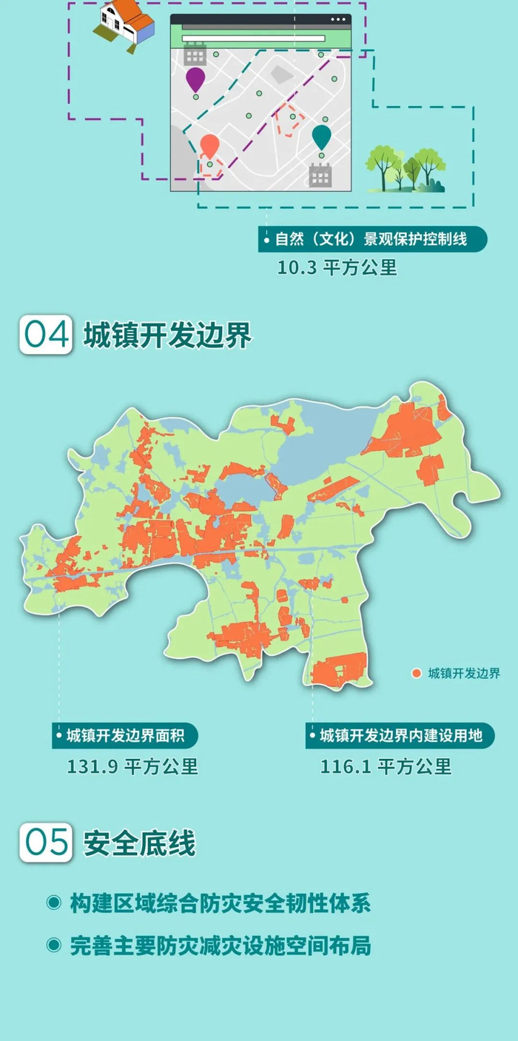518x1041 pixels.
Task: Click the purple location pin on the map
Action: coord(195,78)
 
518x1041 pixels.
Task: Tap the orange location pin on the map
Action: coord(210,145)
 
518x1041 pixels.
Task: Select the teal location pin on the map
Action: coord(321,136)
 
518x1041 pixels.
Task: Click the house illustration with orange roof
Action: coord(124,24)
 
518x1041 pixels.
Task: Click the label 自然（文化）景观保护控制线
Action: coord(373,240)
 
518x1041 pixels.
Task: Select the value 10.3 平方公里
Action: coord(337,268)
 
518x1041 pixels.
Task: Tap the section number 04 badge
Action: coord(47,335)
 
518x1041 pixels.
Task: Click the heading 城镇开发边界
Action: coord(167,335)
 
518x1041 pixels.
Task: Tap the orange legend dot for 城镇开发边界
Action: coord(417,673)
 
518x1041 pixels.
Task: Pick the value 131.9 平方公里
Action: coord(132,766)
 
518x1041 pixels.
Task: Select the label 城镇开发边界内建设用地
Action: coord(400,736)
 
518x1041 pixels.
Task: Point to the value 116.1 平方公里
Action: coord(386,766)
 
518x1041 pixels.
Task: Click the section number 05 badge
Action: coord(47,843)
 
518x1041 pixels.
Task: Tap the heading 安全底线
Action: coord(139,843)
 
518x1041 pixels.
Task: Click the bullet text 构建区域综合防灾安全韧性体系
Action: coord(220,903)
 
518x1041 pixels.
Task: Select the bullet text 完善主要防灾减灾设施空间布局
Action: coord(220,945)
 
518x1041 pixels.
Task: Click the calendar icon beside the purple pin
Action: coord(195,53)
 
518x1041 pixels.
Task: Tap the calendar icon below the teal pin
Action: coord(320,175)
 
